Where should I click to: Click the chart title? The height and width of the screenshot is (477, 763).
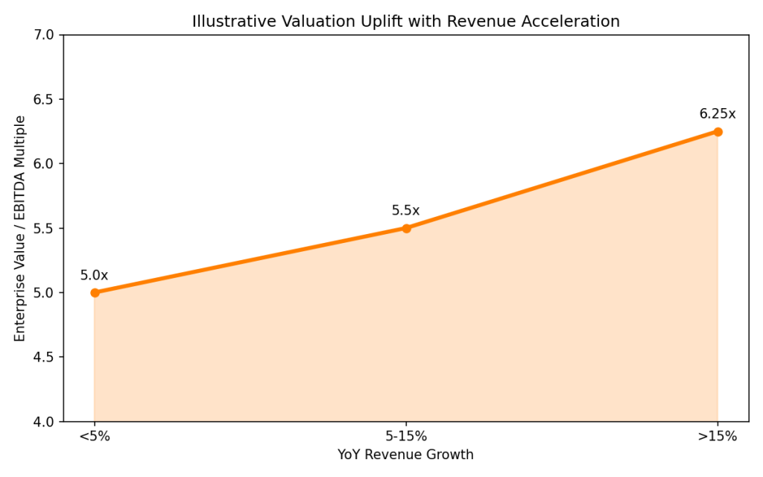[x=405, y=22]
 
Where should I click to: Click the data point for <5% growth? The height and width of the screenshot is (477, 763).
[x=95, y=293]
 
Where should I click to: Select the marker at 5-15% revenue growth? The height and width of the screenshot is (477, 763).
[x=406, y=228]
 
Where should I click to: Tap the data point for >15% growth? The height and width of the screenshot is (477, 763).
[x=718, y=132]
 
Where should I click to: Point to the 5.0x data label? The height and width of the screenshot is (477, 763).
[x=94, y=276]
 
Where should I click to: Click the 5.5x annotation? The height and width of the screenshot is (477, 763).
[x=405, y=211]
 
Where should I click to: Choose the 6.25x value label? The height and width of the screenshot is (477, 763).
[x=717, y=114]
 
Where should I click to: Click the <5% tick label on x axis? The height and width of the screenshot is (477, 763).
[x=95, y=437]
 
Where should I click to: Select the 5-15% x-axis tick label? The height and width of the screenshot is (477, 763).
[x=405, y=437]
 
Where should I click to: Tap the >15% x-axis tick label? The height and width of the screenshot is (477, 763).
[x=717, y=437]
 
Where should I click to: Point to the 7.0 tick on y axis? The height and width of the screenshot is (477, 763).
[x=45, y=35]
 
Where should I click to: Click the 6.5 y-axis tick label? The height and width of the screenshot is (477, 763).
[x=45, y=99]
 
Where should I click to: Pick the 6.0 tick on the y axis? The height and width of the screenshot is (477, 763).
[x=45, y=164]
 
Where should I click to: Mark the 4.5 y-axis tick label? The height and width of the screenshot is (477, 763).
[x=45, y=358]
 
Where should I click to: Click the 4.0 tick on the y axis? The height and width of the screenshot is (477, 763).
[x=45, y=422]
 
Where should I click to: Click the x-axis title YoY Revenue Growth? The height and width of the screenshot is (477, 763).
[x=405, y=455]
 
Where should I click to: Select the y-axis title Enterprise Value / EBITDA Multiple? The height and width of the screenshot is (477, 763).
[x=20, y=228]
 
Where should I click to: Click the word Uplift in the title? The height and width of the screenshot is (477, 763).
[x=356, y=22]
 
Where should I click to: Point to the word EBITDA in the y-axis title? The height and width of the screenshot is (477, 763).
[x=20, y=199]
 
